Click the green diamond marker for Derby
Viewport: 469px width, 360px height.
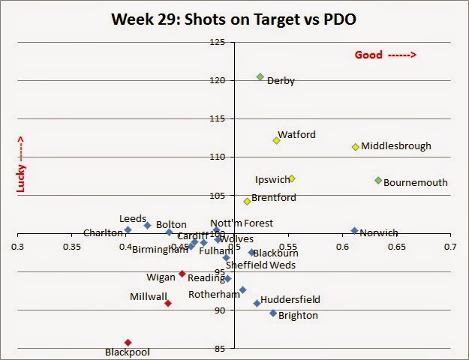260,77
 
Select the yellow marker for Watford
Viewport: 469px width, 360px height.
276,140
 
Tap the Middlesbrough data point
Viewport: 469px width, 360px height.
355,146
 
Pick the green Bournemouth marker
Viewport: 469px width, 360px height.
378,180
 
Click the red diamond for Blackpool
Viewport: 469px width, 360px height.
128,343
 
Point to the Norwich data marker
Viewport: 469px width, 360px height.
354,231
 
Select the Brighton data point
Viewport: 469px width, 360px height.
273,313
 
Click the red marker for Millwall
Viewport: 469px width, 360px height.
168,303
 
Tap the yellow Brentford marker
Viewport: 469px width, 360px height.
247,201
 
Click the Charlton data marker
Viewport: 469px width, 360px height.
128,229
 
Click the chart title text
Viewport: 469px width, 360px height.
233,18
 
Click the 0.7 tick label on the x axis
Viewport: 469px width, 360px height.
450,245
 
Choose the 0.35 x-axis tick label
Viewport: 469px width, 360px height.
72,245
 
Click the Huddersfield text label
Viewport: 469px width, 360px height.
290,299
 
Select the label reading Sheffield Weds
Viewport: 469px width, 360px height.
260,265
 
